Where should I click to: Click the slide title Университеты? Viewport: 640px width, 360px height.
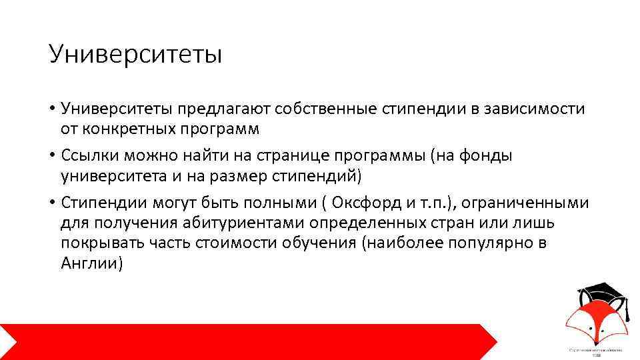coord(135,54)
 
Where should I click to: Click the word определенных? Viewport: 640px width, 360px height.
coord(366,223)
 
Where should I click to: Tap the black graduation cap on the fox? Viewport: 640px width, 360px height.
coord(600,291)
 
